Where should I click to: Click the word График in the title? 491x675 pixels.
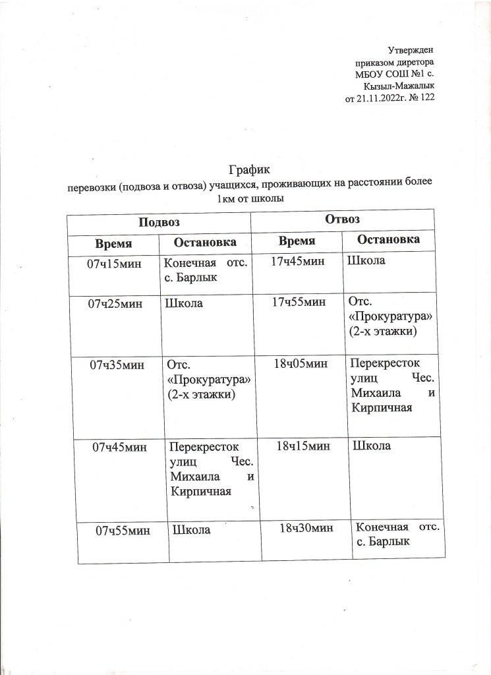[x=250, y=171]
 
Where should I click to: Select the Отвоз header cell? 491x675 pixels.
[x=342, y=218]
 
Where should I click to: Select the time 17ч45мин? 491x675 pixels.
[x=299, y=262]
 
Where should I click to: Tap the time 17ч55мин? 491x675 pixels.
[x=301, y=302]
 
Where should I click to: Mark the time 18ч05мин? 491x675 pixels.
[x=304, y=363]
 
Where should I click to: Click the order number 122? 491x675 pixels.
[x=426, y=98]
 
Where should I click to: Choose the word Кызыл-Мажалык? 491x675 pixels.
[x=399, y=86]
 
